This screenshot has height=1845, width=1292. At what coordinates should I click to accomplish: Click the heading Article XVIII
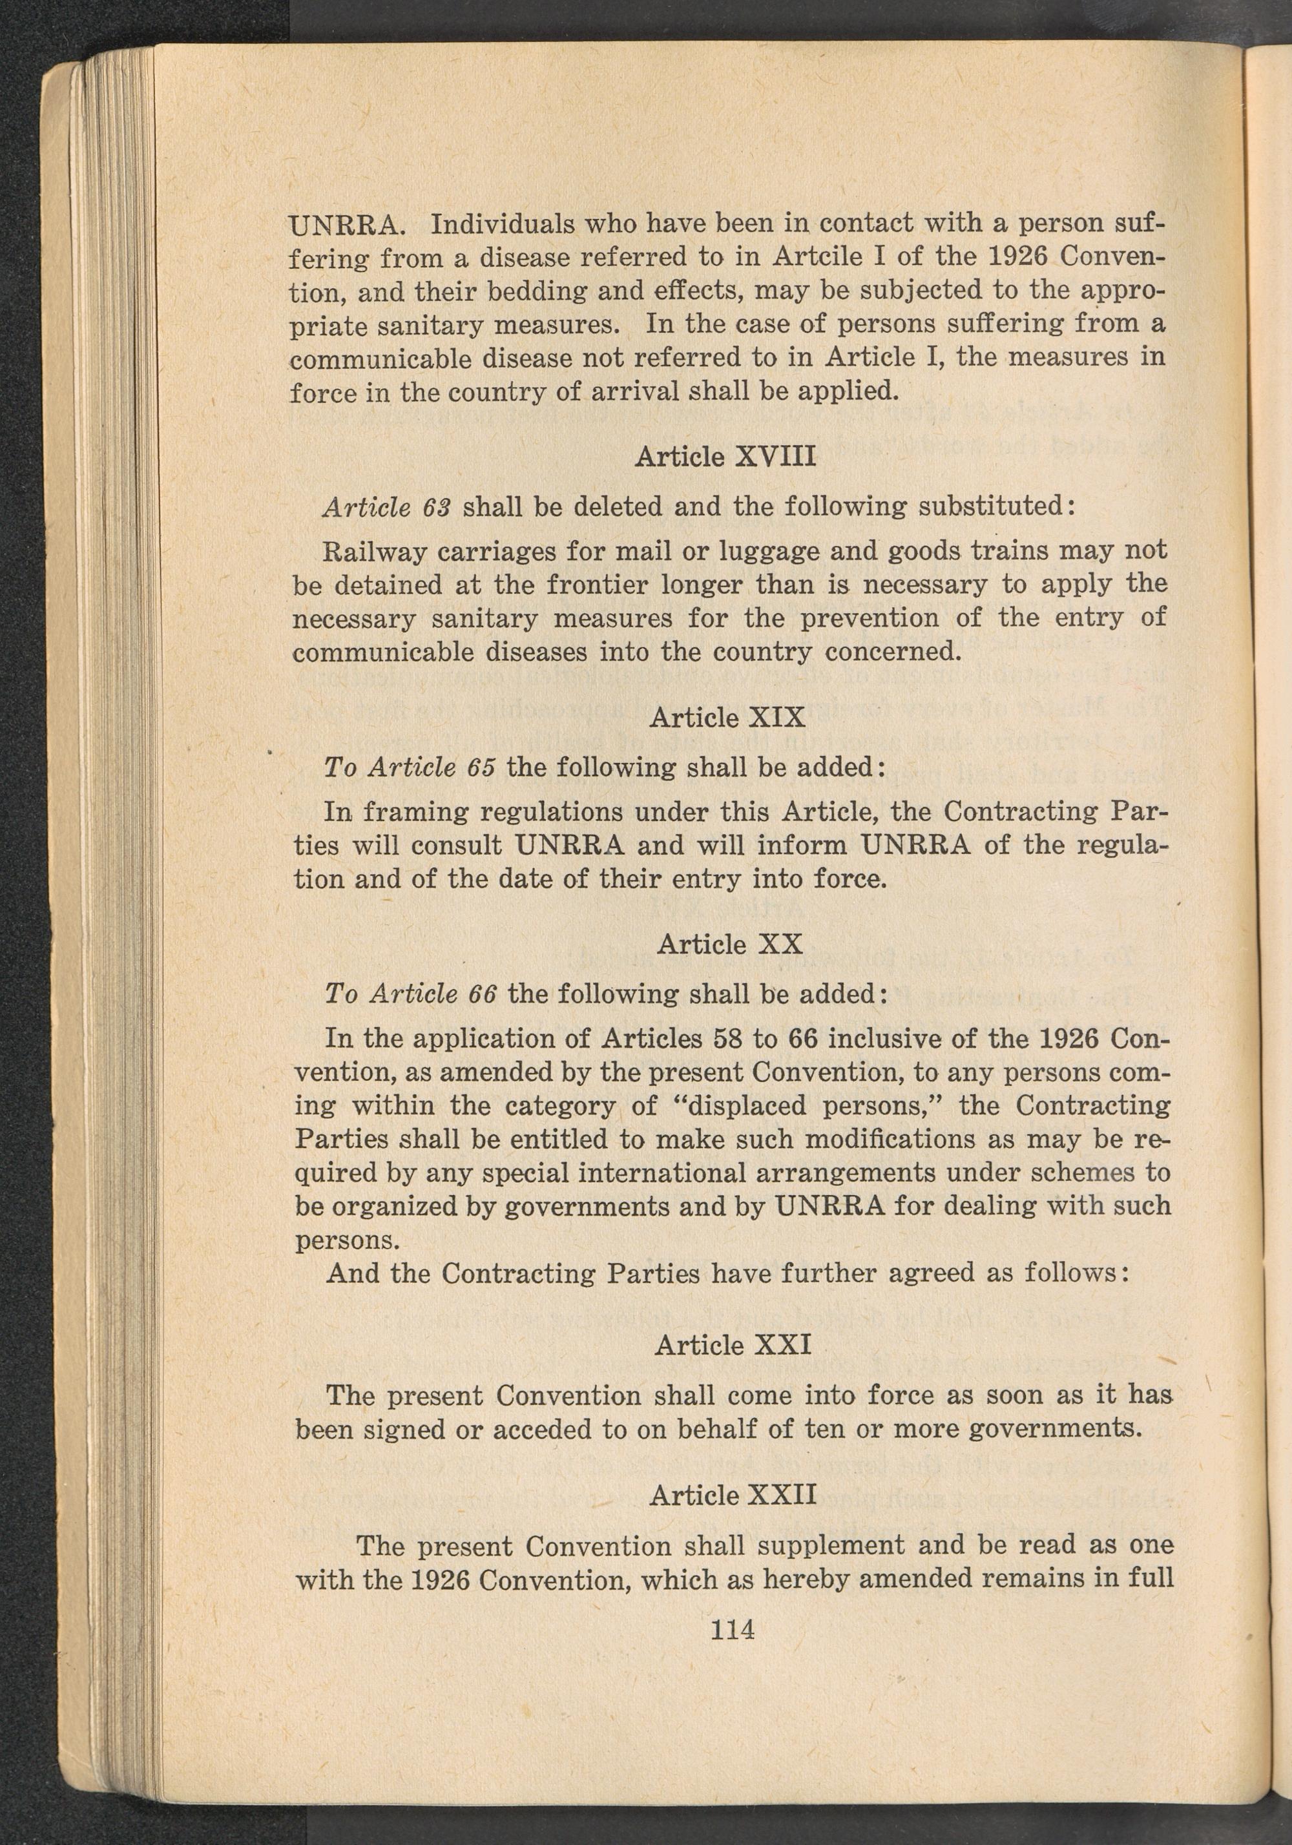coord(725,457)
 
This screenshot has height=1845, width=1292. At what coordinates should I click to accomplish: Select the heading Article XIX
coord(727,717)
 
